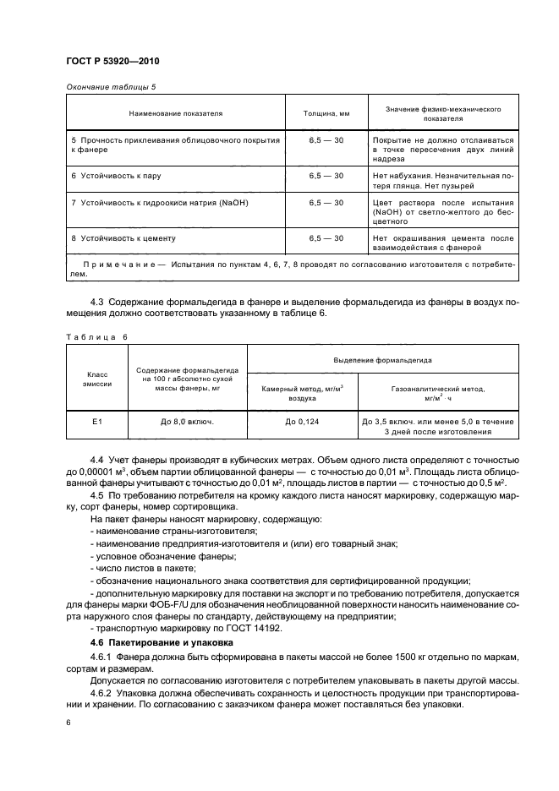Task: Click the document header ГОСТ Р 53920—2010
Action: [x=112, y=61]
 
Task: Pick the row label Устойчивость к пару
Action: [x=116, y=175]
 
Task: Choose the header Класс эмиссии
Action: [x=93, y=377]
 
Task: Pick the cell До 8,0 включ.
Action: [x=186, y=420]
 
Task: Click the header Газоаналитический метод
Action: [x=438, y=389]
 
